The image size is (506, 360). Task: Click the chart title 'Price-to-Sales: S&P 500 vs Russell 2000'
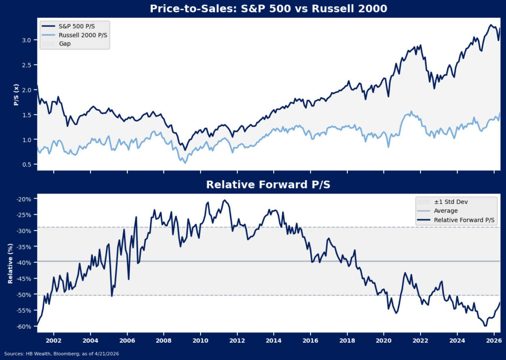point(269,9)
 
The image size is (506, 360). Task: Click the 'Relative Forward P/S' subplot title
point(269,185)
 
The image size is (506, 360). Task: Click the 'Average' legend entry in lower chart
point(445,211)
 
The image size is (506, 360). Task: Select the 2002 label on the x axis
point(53,341)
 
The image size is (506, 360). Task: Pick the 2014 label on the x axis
point(274,341)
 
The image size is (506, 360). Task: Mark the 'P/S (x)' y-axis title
point(16,95)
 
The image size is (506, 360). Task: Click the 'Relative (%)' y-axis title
point(10,263)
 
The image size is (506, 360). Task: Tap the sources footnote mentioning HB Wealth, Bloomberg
point(61,354)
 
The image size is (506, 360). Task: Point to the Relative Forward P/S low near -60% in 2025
point(485,325)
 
